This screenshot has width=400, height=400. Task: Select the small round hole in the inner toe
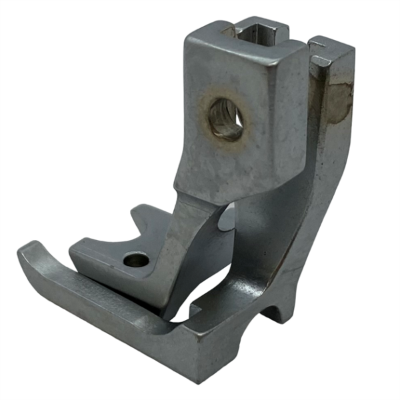[136, 259]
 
